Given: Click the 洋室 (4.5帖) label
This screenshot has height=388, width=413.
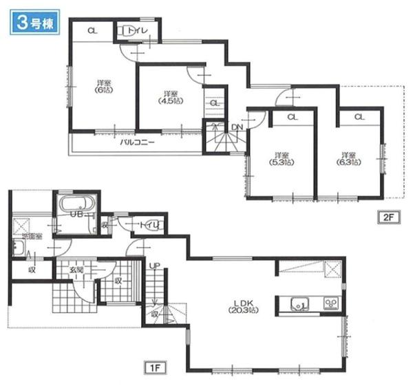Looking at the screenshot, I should coord(168,96).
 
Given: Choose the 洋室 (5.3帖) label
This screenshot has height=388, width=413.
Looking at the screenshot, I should coord(279,159).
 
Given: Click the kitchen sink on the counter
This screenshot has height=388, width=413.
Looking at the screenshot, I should coord(299,303).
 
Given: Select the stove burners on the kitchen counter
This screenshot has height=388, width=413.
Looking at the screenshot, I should coord(328,303).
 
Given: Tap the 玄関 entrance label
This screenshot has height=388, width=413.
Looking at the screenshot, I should coord(75,270).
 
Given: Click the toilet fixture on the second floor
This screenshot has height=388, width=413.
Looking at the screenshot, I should coord(129,31).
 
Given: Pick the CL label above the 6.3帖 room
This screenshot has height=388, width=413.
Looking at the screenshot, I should coord(359,117).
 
